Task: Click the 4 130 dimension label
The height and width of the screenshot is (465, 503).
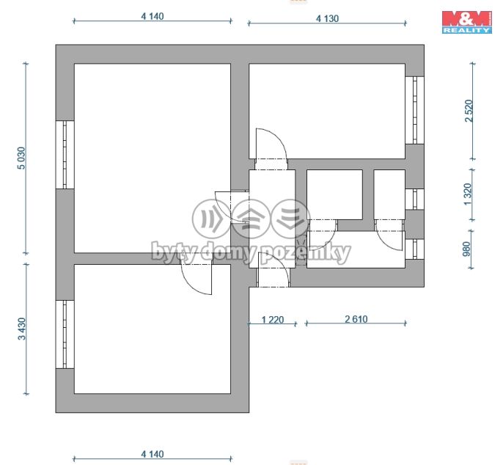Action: [x=327, y=18]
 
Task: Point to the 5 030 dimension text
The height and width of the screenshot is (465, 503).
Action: [x=21, y=158]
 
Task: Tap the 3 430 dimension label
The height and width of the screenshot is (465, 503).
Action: [x=21, y=329]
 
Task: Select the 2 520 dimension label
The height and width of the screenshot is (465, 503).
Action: [x=469, y=111]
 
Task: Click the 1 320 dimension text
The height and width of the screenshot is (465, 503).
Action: [x=468, y=194]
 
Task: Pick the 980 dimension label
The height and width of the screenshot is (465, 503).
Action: [x=467, y=249]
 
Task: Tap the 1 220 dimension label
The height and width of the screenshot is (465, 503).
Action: [x=273, y=320]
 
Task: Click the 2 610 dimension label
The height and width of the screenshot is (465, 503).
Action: [x=356, y=319]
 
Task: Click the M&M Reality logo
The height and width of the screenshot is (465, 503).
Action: [x=467, y=22]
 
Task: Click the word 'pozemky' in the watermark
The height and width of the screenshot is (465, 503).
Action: [x=306, y=252]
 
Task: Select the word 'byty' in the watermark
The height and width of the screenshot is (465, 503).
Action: [x=175, y=252]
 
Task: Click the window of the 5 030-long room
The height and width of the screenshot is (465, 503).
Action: [x=65, y=154]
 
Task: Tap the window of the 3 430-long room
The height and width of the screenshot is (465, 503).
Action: [x=65, y=334]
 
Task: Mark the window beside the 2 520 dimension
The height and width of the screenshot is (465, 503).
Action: [x=414, y=110]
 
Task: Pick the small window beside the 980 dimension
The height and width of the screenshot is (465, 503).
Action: [x=414, y=249]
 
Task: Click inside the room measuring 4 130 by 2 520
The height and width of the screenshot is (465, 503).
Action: [x=327, y=111]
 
